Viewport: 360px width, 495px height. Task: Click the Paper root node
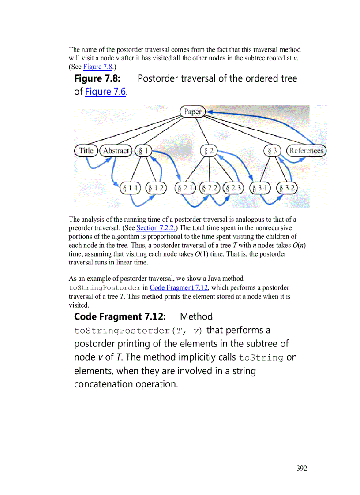193,112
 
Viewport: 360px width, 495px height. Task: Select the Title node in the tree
86,151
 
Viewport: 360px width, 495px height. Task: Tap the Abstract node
116,151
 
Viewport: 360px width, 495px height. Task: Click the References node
306,151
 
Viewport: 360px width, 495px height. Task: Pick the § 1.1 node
131,188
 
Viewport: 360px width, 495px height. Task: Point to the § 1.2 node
156,188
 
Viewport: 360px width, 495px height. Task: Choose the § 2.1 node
186,188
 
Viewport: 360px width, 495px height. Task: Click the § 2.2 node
210,188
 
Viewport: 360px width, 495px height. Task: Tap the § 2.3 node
234,188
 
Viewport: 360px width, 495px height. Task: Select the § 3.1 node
261,188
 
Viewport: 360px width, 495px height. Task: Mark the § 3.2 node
287,188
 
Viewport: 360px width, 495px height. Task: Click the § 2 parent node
209,151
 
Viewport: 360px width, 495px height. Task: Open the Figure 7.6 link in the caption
105,92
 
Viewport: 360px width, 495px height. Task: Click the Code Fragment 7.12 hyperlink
179,288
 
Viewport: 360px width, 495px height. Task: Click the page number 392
302,468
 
